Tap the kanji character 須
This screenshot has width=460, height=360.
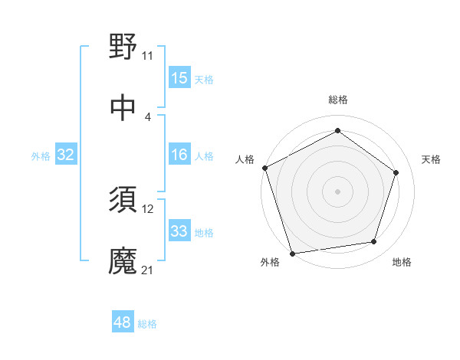tap(123, 200)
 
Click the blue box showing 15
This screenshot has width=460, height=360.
tap(179, 78)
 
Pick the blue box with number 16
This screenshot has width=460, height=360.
tap(179, 155)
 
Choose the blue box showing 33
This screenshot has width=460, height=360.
tap(179, 231)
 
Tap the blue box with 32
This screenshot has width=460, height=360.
tap(66, 155)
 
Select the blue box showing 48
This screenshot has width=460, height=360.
tap(123, 322)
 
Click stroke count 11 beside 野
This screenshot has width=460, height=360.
tap(147, 55)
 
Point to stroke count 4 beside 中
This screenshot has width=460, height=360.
tap(147, 117)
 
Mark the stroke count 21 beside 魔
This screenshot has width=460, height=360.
tap(147, 270)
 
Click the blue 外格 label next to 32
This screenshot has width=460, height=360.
tap(41, 156)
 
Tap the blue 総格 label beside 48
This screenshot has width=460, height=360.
tap(147, 324)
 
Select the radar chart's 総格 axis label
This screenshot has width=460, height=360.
tap(338, 100)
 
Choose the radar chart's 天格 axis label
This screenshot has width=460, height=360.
tap(432, 159)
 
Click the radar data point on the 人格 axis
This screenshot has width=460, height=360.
tap(264, 168)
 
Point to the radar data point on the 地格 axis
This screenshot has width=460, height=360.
tap(374, 242)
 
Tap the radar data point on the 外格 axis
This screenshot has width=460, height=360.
tap(292, 253)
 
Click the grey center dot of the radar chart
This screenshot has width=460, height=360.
tap(338, 191)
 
